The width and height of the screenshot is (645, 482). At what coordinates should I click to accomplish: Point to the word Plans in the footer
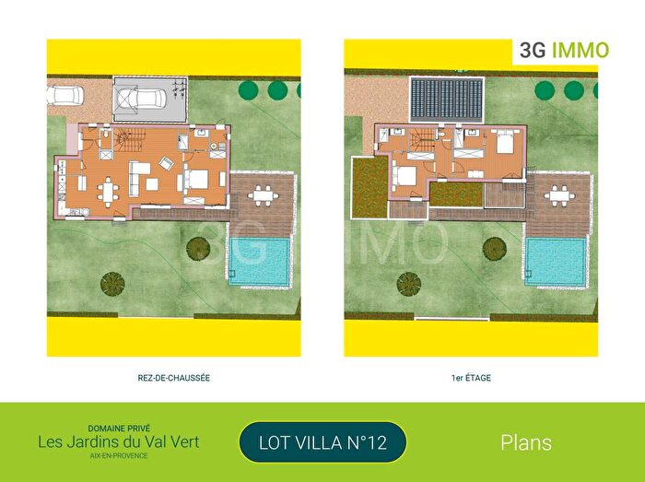pos(526,442)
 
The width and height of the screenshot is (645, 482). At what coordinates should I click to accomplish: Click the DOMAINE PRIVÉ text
pos(118,429)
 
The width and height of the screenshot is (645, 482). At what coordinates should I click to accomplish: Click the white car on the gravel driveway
pos(66,94)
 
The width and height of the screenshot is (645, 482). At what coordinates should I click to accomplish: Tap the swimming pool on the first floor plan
pos(557,262)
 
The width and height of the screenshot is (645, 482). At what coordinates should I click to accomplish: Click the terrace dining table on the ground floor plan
pos(264,194)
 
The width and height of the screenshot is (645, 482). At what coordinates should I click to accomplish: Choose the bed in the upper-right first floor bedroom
pos(505,144)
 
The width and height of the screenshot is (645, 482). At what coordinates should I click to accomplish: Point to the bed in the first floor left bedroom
pos(405,175)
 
